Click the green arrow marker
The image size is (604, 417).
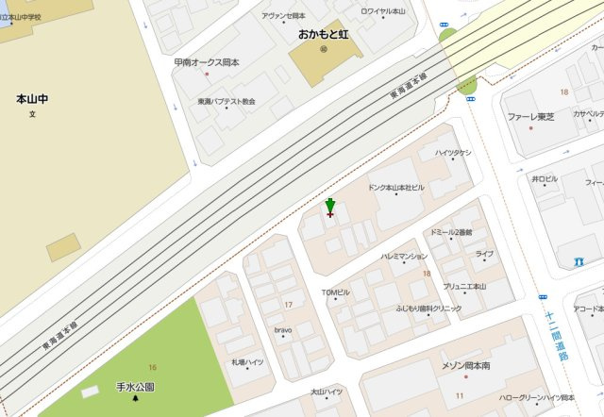(329, 207)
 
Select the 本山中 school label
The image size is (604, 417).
(31, 98)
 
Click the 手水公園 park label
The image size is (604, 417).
(135, 387)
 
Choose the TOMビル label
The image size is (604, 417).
(335, 292)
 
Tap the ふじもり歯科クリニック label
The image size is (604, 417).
(428, 309)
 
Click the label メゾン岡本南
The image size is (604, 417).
(466, 365)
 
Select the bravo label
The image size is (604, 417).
(283, 330)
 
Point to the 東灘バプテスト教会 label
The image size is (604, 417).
(226, 101)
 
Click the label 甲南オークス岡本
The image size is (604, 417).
(207, 62)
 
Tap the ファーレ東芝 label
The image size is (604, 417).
(530, 117)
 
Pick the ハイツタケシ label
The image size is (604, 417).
(453, 153)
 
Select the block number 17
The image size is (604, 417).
(288, 304)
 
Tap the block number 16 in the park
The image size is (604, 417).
(152, 365)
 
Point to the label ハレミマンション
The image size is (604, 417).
(404, 256)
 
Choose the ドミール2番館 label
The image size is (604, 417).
(450, 232)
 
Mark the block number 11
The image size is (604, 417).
(460, 394)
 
